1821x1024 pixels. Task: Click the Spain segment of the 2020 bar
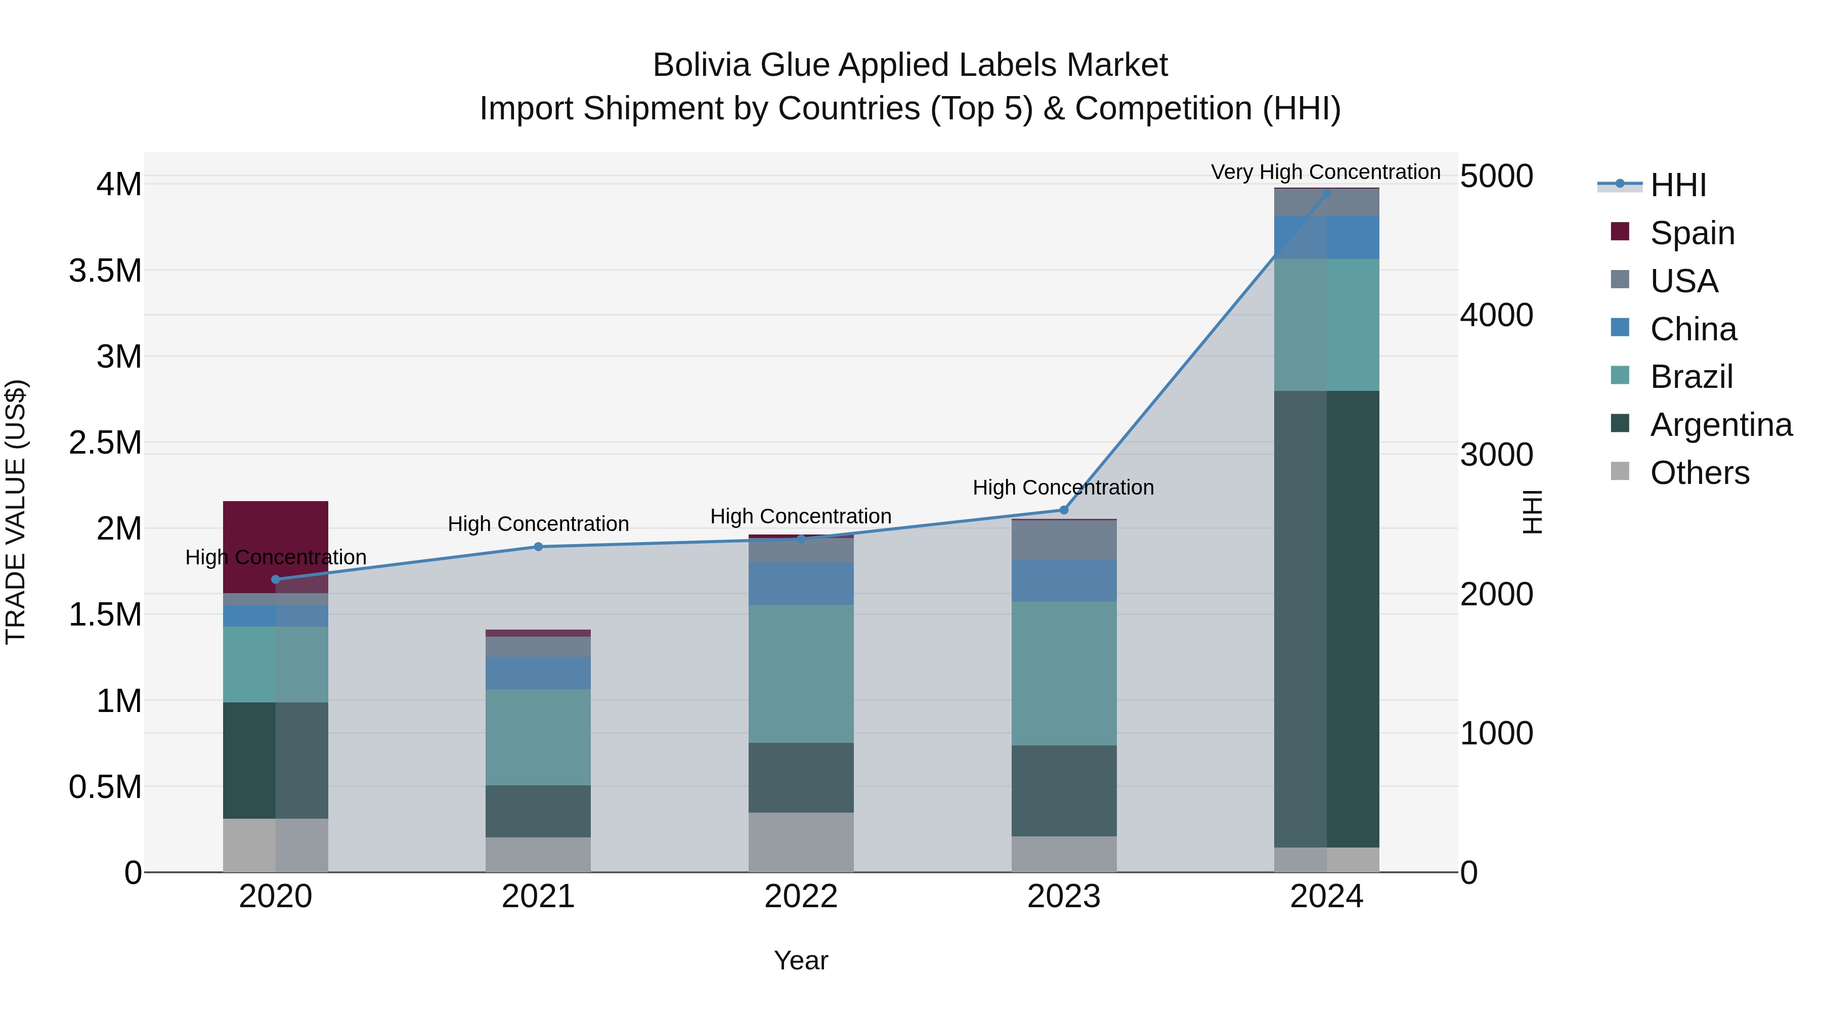[276, 537]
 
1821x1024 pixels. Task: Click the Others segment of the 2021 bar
[538, 855]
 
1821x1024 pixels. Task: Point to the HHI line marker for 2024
[1326, 193]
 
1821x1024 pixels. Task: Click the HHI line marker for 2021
[538, 546]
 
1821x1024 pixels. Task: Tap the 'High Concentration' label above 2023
[1063, 487]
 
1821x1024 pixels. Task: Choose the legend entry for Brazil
[1691, 377]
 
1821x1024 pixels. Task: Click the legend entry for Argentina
[1721, 425]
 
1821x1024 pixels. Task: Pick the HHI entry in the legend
[1677, 185]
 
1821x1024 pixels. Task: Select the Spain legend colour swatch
[1620, 232]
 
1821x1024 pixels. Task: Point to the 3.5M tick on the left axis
[105, 271]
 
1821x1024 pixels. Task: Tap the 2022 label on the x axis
[801, 897]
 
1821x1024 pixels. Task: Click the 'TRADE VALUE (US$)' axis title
[16, 512]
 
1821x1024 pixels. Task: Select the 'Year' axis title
[801, 960]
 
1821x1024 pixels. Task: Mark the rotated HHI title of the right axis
[1531, 512]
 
